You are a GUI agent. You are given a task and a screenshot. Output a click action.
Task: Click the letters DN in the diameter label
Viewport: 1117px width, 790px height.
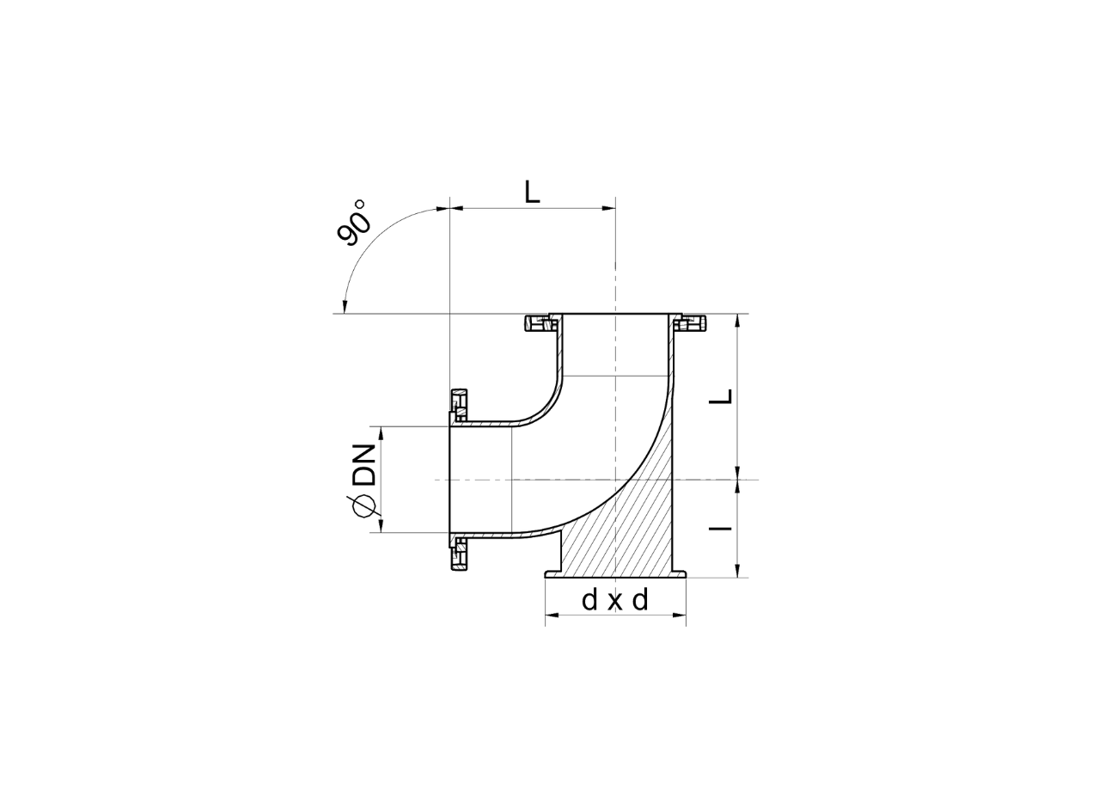[x=365, y=462]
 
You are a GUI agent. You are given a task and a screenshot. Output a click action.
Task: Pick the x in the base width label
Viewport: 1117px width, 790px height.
[x=614, y=602]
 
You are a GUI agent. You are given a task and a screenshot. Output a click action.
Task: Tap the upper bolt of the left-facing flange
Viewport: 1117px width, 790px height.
[x=460, y=401]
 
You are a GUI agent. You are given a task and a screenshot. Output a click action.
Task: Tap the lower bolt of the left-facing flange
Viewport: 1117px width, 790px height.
[x=460, y=554]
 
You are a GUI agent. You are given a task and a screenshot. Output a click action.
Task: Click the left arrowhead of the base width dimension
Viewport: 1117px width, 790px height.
[x=551, y=615]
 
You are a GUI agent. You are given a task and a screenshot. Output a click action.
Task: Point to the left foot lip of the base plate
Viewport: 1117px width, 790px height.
[x=551, y=573]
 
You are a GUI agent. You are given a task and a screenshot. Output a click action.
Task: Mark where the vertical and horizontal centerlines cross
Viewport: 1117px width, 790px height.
[x=616, y=479]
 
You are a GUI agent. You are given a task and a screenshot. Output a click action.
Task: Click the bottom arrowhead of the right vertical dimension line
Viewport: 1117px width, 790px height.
[x=737, y=572]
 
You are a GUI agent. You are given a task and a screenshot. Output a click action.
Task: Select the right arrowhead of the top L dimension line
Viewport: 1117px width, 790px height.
[x=608, y=207]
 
